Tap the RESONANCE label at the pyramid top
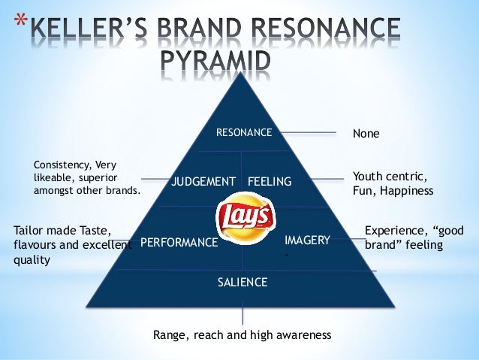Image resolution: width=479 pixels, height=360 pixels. (244, 133)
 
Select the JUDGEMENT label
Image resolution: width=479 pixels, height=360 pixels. (203, 182)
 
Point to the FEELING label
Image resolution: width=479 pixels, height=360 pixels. (270, 182)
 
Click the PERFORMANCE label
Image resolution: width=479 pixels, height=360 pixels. (179, 243)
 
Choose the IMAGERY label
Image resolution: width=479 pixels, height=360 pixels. (307, 240)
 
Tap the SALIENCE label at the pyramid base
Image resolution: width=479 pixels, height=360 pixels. (243, 283)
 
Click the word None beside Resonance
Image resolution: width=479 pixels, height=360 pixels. (366, 134)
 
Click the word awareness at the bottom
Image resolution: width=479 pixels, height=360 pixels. (300, 334)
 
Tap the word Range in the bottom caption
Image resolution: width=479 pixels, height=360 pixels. (169, 334)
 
